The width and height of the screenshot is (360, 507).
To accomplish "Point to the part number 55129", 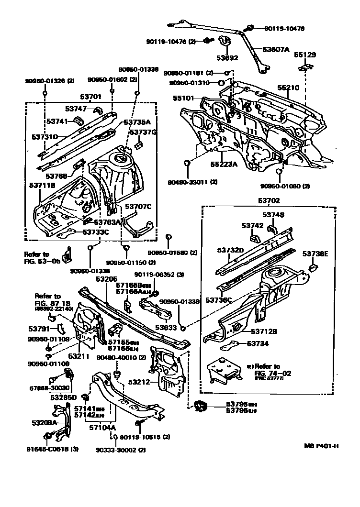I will click(304, 55).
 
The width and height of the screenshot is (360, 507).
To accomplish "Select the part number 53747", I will click(76, 109).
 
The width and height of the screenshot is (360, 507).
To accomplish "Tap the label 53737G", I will click(144, 132).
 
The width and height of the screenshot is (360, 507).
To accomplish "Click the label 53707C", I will click(138, 207).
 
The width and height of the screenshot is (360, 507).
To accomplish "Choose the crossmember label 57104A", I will click(102, 428).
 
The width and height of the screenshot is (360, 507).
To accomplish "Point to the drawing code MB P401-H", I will click(321, 446).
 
